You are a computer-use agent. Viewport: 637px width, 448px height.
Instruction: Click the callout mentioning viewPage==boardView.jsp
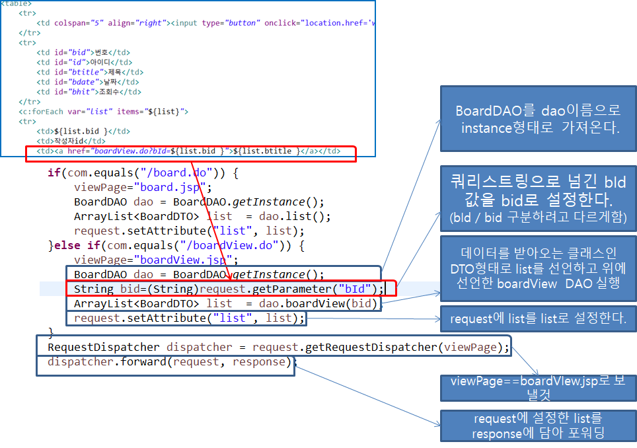pos(539,389)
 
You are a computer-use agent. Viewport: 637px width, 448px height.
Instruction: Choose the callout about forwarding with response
pos(539,426)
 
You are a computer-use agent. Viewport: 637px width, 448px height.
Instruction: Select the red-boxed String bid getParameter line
pos(225,289)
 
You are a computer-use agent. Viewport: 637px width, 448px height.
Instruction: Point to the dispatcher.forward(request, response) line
pos(169,362)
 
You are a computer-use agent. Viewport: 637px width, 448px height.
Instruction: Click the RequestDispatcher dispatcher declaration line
pos(278,347)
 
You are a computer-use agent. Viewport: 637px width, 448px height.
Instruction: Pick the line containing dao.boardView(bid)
pos(225,303)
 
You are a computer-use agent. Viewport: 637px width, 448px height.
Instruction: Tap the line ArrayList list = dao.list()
pos(202,216)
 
